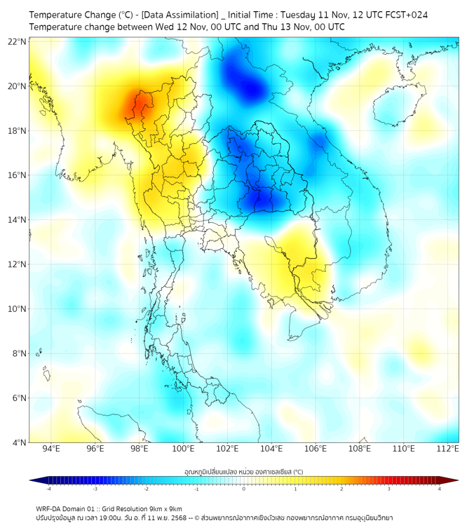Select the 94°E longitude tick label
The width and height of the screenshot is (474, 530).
coord(51,449)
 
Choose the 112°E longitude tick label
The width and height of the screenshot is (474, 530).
coord(447,449)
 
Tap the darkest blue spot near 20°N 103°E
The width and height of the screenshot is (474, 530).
coord(251,88)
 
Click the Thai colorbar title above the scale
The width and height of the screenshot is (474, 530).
coord(243,471)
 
